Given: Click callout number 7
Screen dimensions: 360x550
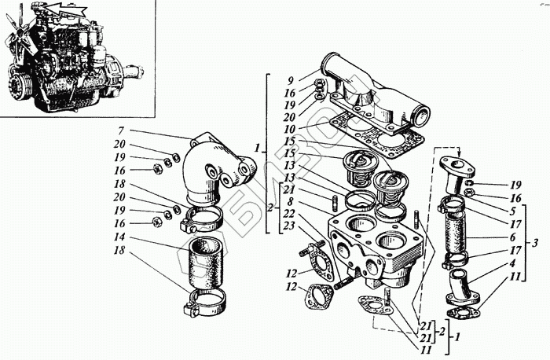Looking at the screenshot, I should click(x=121, y=130).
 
